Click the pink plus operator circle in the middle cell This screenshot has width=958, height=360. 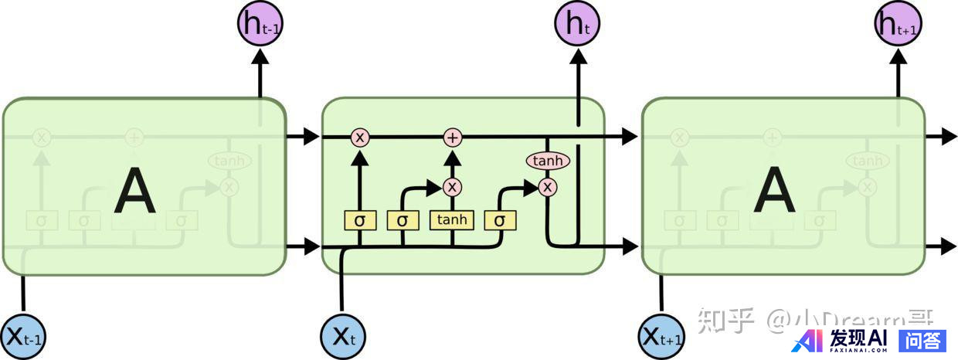pyautogui.click(x=452, y=138)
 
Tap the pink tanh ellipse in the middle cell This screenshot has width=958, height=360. pyautogui.click(x=548, y=161)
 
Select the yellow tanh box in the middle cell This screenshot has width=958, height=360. pyautogui.click(x=452, y=220)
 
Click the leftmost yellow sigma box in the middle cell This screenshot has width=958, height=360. pyautogui.click(x=359, y=220)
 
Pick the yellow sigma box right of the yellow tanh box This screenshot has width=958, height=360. pyautogui.click(x=500, y=220)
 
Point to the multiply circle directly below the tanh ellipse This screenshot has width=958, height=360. pyautogui.click(x=548, y=187)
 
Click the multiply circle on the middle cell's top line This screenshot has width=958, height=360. pyautogui.click(x=359, y=138)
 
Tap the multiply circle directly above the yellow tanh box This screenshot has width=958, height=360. pyautogui.click(x=452, y=187)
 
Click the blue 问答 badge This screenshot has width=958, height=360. pyautogui.click(x=922, y=340)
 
